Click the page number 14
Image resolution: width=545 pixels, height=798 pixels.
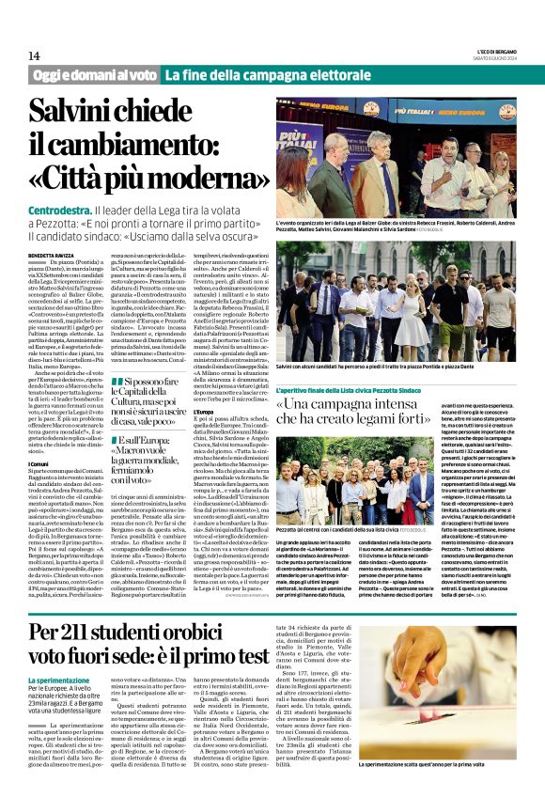tap(34, 56)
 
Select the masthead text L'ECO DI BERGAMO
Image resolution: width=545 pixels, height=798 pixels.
tap(493, 53)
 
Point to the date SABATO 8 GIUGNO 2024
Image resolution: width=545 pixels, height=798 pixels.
tap(495, 58)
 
